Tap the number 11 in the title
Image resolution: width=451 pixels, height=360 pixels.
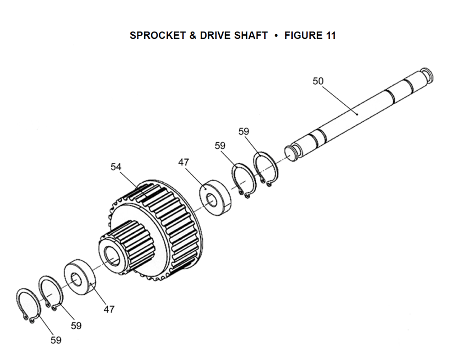click(x=331, y=35)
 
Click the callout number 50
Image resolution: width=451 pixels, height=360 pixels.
click(x=318, y=81)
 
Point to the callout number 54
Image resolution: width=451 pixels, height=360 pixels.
click(x=116, y=166)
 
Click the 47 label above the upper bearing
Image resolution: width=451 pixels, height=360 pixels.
click(x=184, y=162)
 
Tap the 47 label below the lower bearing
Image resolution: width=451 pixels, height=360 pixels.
click(x=109, y=309)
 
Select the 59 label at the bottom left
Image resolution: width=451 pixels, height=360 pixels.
click(x=56, y=340)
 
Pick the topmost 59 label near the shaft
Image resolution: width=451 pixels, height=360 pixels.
click(x=244, y=131)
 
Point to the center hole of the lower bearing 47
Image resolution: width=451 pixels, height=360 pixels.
click(x=76, y=280)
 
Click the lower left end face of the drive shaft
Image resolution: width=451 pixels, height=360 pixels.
click(x=290, y=153)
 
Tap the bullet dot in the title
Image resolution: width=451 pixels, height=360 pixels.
click(x=276, y=36)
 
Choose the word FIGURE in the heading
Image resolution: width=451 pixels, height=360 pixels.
click(x=304, y=35)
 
